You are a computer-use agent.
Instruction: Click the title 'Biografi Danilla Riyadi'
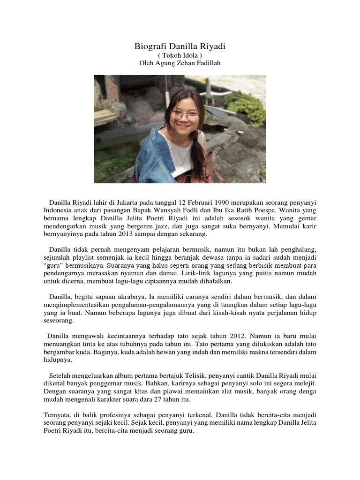pos(180,47)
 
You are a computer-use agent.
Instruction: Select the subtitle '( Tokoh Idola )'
pos(180,55)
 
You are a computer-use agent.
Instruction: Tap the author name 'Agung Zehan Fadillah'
pos(190,63)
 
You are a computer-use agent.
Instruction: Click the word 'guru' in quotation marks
pos(55,266)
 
